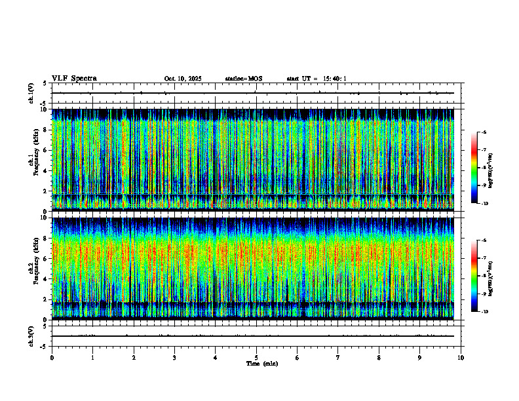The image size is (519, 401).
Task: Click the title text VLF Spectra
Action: [74, 78]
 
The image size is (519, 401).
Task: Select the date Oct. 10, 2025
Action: [183, 79]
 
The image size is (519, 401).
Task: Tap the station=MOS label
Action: [243, 79]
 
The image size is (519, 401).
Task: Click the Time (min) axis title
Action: [261, 363]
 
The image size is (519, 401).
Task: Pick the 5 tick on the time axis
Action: [256, 357]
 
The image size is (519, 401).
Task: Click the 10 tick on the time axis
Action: [461, 357]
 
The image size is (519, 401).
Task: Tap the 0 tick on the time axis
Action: [52, 357]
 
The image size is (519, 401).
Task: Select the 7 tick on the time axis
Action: [338, 357]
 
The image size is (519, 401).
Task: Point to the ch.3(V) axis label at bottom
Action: [31, 335]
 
